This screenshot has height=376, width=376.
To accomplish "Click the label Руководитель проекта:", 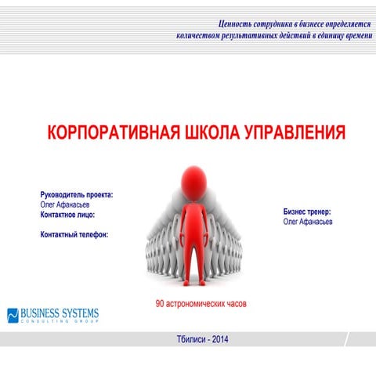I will (x=77, y=194).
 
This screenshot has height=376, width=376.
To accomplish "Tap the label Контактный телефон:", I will (x=74, y=233).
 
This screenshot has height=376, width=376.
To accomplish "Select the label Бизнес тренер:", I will (x=307, y=211).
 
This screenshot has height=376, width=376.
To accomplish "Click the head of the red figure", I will (x=190, y=179).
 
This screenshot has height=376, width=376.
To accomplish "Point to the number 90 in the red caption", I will (x=160, y=303).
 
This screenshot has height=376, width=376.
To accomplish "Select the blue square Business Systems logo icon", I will (x=13, y=315).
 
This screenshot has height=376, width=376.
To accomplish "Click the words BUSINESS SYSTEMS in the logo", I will (x=60, y=313).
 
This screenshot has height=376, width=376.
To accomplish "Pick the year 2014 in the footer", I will (x=222, y=339).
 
